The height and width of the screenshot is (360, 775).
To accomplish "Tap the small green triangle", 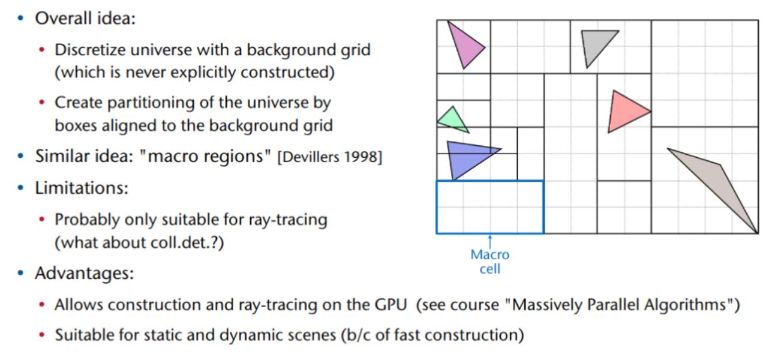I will coord(451,119).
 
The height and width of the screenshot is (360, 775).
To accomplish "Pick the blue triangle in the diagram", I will coord(465,157).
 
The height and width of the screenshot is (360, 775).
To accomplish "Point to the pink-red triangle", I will coord(624,112).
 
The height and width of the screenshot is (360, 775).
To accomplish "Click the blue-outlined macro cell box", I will coord(489,207).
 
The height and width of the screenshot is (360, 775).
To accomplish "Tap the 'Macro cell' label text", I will coord(489,262).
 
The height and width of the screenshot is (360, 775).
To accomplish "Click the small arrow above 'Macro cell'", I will coord(490,241).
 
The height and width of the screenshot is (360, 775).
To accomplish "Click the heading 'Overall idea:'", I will coord(86,18).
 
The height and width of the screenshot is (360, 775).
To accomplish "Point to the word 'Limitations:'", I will coord(82,188).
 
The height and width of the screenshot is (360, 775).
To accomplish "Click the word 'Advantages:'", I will coord(84,274).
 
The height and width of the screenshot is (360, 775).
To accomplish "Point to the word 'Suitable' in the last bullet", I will coord(83,334).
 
